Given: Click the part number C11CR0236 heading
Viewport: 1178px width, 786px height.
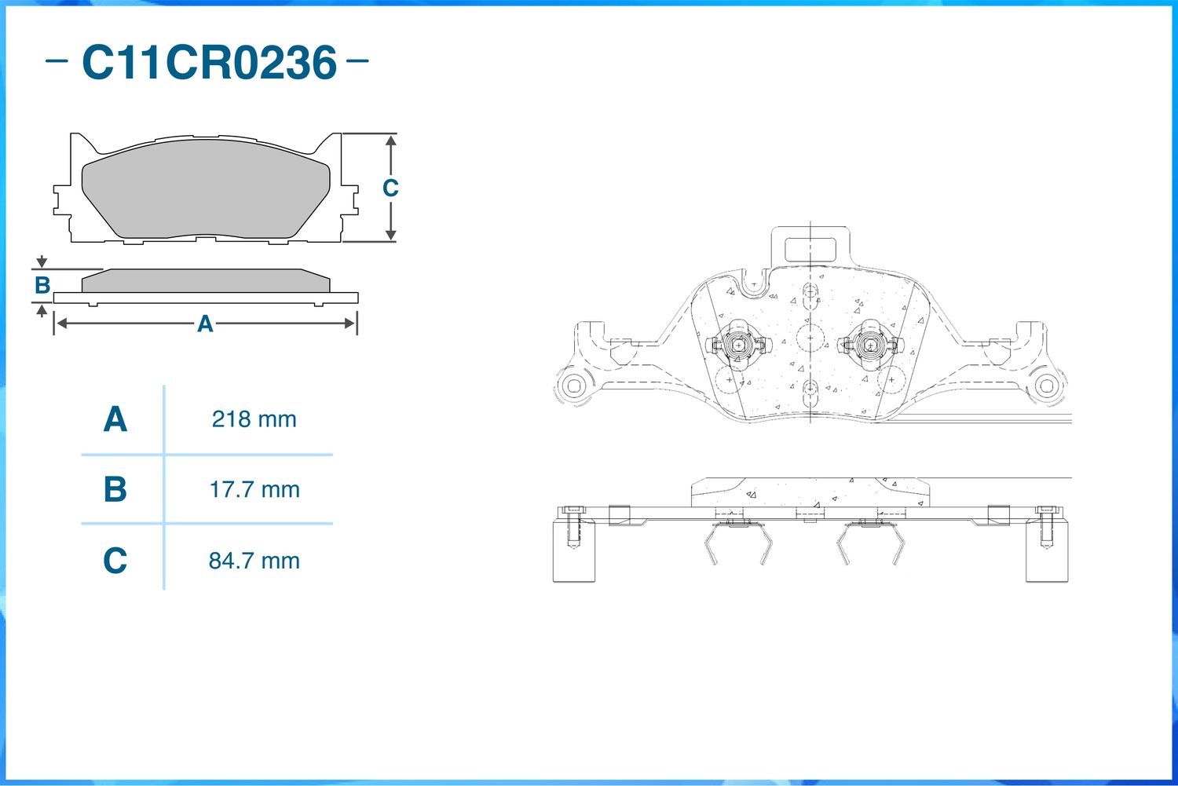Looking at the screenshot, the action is pyautogui.click(x=210, y=63).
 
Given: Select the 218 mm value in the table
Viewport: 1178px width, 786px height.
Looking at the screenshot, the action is pyautogui.click(x=254, y=419).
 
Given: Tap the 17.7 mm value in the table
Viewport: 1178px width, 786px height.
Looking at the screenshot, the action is pyautogui.click(x=254, y=489).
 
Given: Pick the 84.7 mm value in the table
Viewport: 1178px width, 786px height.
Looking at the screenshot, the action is pyautogui.click(x=254, y=561).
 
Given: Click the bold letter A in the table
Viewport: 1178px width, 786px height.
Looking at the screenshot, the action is pyautogui.click(x=115, y=419).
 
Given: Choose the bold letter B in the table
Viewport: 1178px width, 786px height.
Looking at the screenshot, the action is pyautogui.click(x=115, y=489).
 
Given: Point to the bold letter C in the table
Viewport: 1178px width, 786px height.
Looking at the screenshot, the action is pyautogui.click(x=115, y=560).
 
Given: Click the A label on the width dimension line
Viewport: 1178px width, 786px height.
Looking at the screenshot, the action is pyautogui.click(x=205, y=324).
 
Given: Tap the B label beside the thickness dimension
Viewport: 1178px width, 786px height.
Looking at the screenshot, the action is pyautogui.click(x=42, y=285).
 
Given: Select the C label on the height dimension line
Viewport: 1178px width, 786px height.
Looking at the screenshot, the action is pyautogui.click(x=390, y=188).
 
